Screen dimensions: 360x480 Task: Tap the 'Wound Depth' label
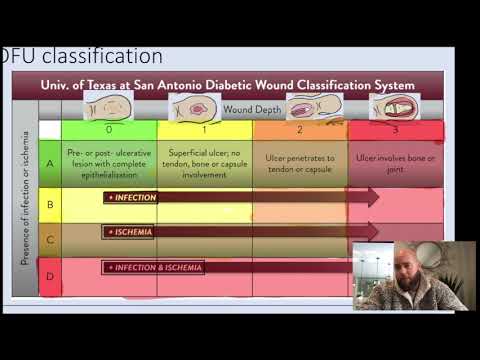[252, 109]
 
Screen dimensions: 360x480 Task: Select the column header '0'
[108, 129]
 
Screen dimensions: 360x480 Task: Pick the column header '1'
[204, 129]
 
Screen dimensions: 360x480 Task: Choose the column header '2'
[300, 129]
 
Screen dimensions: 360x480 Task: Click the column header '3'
[395, 129]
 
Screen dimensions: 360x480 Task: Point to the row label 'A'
[49, 161]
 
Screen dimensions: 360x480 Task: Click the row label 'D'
[49, 273]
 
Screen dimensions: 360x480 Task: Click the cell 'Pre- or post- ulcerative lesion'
[108, 162]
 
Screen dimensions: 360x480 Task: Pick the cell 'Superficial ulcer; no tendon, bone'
[204, 162]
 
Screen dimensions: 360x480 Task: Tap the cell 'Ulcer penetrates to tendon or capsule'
[300, 162]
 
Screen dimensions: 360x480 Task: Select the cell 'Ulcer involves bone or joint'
[395, 162]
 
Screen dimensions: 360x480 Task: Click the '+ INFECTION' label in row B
[133, 198]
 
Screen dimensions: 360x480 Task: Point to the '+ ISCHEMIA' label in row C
[130, 232]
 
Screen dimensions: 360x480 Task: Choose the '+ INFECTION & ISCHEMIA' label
[156, 267]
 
